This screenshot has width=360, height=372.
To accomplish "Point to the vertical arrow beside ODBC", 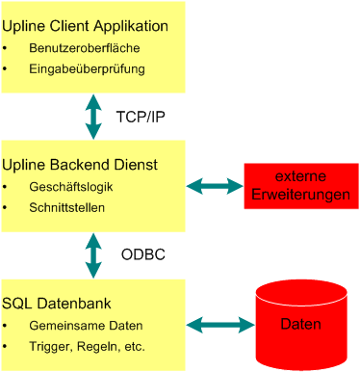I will coord(93,254).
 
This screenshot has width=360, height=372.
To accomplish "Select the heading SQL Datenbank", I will coord(61,305).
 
